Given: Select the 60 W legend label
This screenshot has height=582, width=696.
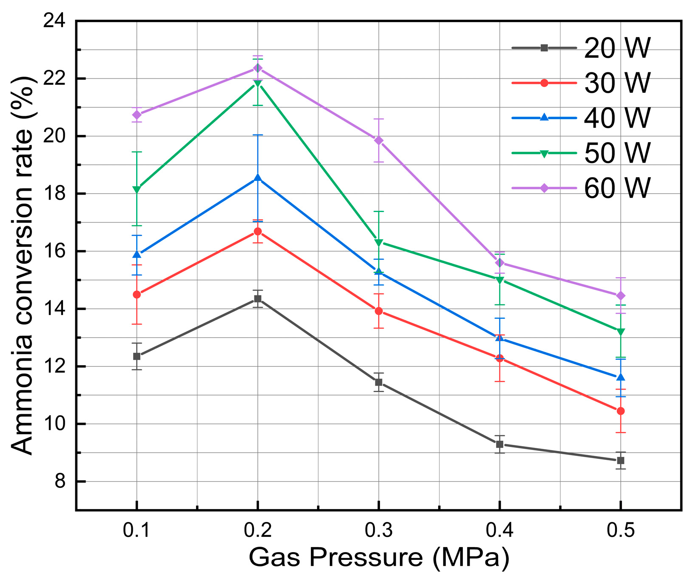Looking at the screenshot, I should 617,188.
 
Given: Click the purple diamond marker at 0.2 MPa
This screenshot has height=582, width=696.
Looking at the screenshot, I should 257,68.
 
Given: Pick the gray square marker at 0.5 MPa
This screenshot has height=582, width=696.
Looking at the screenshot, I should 621,460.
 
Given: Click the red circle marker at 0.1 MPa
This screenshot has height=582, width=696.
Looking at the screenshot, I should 137,294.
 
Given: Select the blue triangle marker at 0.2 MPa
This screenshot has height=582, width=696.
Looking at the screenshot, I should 257,178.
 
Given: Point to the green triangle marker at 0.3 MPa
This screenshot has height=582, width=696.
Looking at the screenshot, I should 379,243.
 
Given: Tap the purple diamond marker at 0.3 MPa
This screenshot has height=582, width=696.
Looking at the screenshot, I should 379,140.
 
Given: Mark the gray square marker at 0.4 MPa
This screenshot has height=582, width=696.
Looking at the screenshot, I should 500,444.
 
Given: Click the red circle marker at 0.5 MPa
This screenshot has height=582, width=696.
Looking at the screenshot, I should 621,411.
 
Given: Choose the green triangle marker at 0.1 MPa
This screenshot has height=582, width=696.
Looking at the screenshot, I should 137,189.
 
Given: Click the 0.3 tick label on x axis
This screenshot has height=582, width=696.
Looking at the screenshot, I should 379,531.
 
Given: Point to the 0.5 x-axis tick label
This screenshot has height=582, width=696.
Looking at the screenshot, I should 621,531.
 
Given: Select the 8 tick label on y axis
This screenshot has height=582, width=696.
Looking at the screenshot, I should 60,482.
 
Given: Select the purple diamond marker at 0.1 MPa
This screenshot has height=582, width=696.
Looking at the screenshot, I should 137,115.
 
